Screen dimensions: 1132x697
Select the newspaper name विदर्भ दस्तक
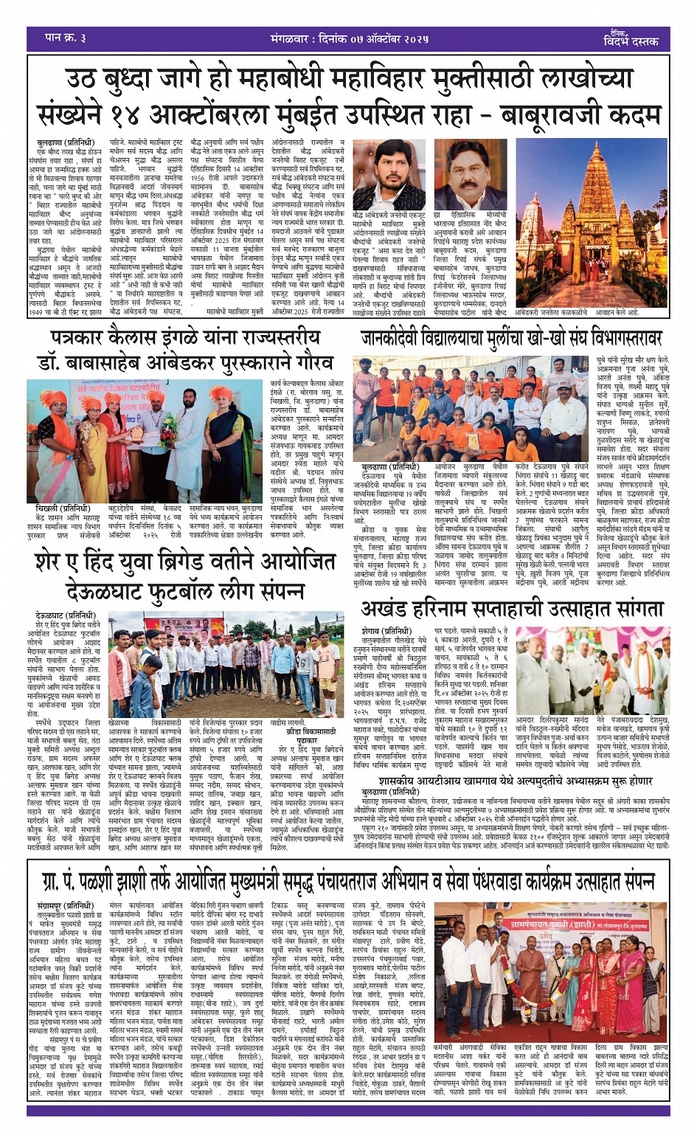[x=631, y=41]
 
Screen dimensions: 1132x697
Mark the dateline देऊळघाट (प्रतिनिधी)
[x=65, y=615]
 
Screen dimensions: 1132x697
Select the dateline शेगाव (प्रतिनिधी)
[x=387, y=631]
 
